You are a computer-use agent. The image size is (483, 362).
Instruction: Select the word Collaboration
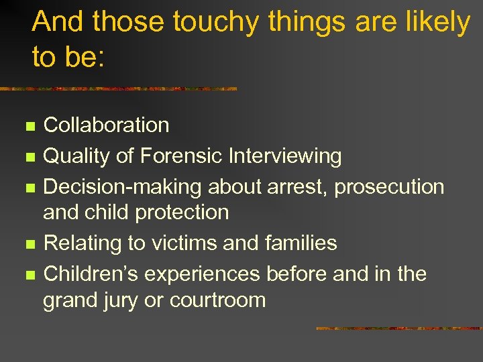click(106, 125)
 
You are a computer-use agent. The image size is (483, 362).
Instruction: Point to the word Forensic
click(182, 156)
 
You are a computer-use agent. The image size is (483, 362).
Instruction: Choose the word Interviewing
click(285, 156)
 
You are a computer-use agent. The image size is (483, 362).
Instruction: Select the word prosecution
click(389, 187)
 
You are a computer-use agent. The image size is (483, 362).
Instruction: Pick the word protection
click(182, 212)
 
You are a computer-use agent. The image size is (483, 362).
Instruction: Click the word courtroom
click(218, 300)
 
